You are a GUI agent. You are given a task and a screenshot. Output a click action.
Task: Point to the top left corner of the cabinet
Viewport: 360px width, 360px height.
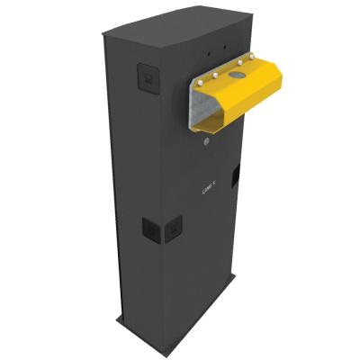(x=102, y=36)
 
